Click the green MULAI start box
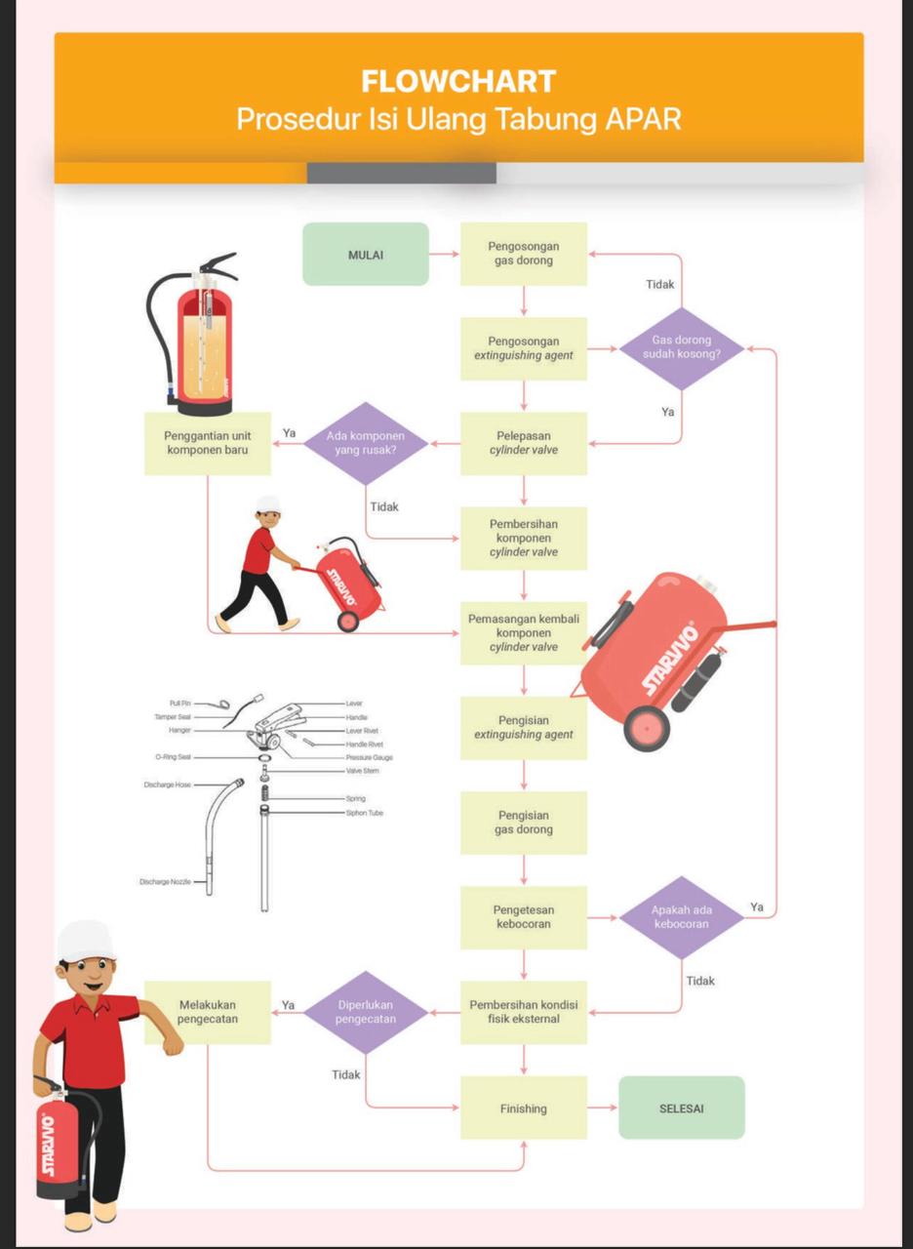pyautogui.click(x=366, y=255)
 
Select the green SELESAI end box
pyautogui.click(x=682, y=1108)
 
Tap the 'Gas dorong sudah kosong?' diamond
pyautogui.click(x=682, y=347)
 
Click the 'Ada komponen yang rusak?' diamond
pyautogui.click(x=366, y=443)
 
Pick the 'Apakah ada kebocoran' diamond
pyautogui.click(x=682, y=916)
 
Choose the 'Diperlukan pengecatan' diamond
pyautogui.click(x=366, y=1012)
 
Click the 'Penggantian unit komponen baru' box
pyautogui.click(x=208, y=443)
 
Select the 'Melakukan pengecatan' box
pyautogui.click(x=208, y=1012)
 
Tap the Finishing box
pyautogui.click(x=524, y=1108)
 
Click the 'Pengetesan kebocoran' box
pyautogui.click(x=524, y=917)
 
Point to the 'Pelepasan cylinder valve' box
pyautogui.click(x=524, y=443)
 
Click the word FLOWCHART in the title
pyautogui.click(x=458, y=81)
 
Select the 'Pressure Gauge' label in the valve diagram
pyautogui.click(x=370, y=757)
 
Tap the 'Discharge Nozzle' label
pyautogui.click(x=167, y=882)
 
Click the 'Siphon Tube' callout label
pyautogui.click(x=364, y=813)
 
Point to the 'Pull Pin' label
pyautogui.click(x=179, y=703)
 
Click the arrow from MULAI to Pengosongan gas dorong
pyautogui.click(x=444, y=255)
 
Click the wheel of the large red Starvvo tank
pyautogui.click(x=647, y=727)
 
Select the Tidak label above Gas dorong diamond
pyautogui.click(x=660, y=285)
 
